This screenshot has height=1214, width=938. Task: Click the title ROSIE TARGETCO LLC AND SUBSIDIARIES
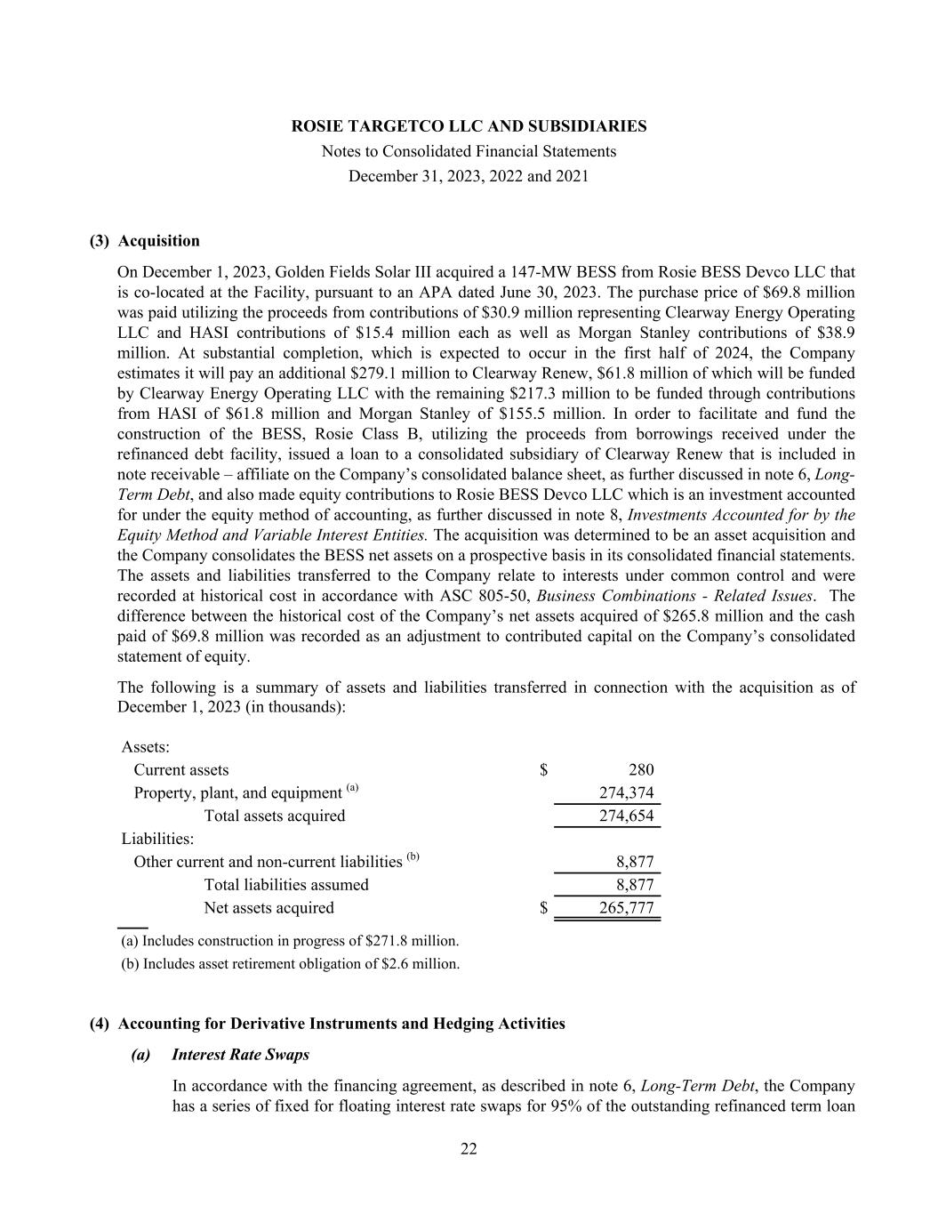click(x=469, y=126)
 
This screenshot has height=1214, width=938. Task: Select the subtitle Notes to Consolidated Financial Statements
click(x=469, y=151)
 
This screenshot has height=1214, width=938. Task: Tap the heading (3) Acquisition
click(x=145, y=241)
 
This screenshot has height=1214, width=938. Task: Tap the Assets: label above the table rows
click(x=146, y=747)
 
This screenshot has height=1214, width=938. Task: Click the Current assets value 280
click(x=640, y=770)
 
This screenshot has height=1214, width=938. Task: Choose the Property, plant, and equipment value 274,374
click(x=626, y=793)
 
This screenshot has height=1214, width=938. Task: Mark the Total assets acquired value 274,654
click(x=626, y=816)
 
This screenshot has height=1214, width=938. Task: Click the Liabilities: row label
click(x=157, y=839)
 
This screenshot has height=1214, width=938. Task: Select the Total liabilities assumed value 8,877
click(x=635, y=885)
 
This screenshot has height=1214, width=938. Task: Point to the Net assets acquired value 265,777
click(x=626, y=908)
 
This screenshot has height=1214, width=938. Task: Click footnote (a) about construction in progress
click(x=290, y=941)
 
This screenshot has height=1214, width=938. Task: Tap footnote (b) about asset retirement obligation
click(x=290, y=964)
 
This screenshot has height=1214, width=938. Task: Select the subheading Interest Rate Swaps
click(x=240, y=1055)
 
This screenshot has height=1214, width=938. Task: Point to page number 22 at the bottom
click(x=469, y=1149)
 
